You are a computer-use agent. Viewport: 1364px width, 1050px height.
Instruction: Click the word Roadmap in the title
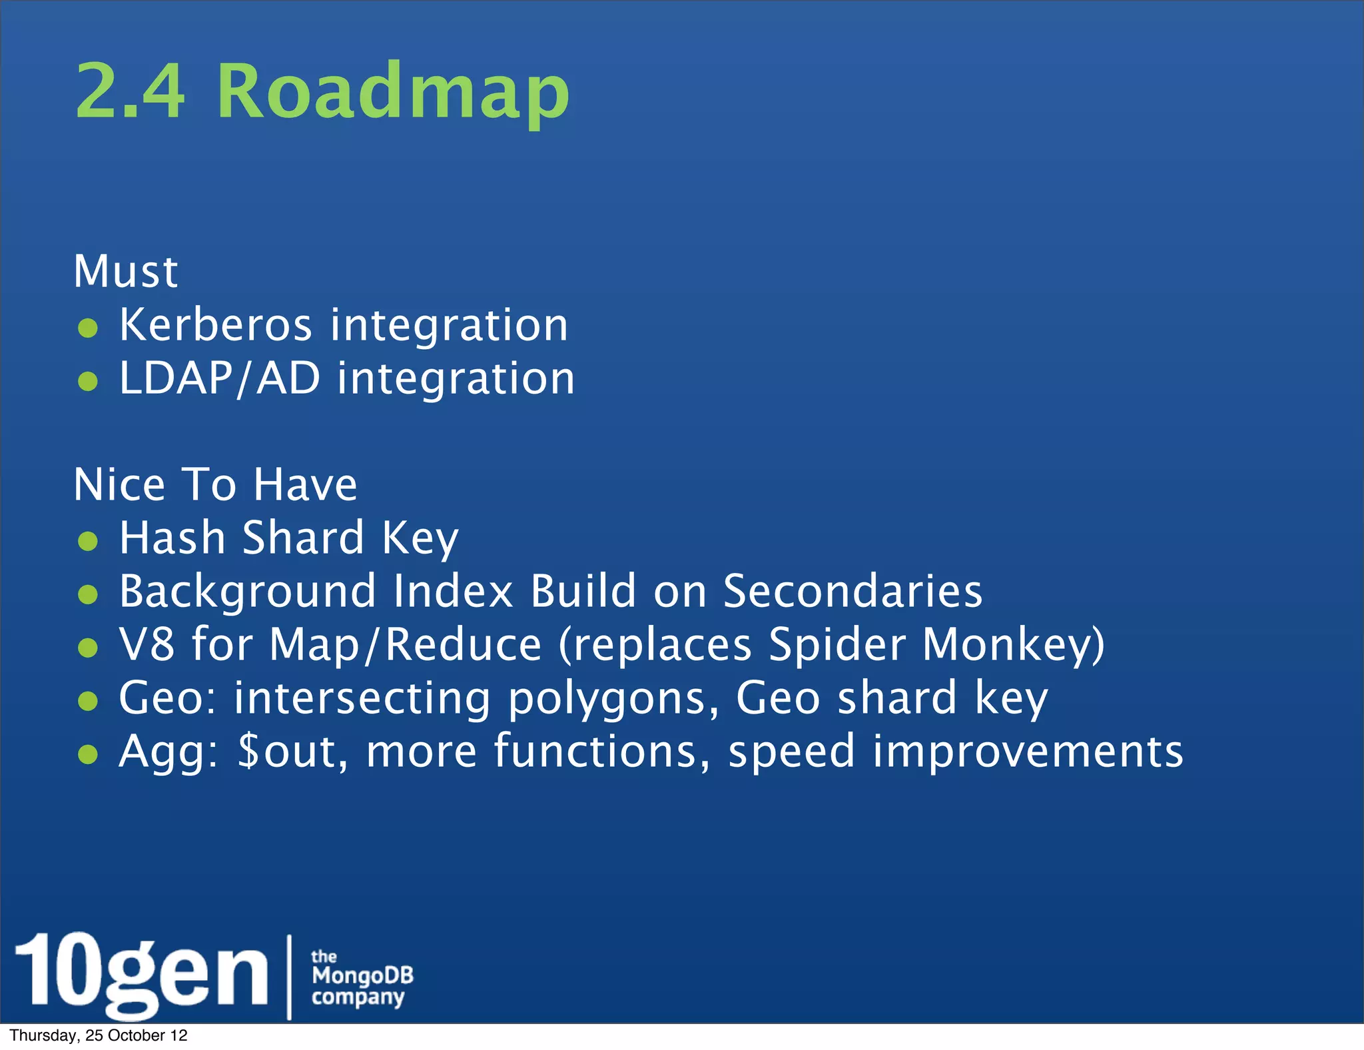point(393,91)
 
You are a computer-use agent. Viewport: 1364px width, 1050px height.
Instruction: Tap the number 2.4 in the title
point(130,91)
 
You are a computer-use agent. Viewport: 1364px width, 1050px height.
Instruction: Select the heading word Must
point(126,271)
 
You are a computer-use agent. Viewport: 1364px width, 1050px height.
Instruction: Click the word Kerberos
point(215,325)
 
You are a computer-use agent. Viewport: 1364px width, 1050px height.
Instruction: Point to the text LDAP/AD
point(220,378)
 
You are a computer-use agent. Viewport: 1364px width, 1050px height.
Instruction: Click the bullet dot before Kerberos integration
point(88,328)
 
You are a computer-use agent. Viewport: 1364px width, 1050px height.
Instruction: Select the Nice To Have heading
point(215,484)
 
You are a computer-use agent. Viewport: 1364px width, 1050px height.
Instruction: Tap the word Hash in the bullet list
point(172,538)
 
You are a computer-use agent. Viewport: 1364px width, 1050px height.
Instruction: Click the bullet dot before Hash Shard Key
point(88,541)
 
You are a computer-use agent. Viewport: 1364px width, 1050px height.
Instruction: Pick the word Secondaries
point(852,591)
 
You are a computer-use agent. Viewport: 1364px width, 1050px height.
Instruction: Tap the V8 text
point(147,644)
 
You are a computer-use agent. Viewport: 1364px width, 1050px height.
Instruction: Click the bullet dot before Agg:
point(88,754)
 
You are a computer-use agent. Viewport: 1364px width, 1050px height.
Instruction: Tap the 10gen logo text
point(141,973)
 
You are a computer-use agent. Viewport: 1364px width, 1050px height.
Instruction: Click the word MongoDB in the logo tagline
point(362,976)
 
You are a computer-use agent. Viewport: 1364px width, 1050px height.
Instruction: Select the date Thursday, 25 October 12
point(99,1035)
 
